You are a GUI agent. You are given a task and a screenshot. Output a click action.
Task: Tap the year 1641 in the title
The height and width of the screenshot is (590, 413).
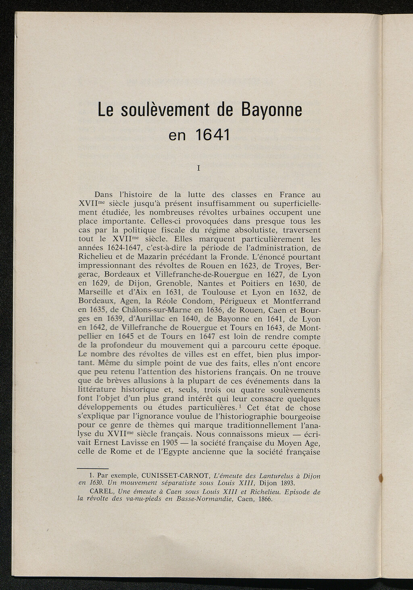[x=211, y=135]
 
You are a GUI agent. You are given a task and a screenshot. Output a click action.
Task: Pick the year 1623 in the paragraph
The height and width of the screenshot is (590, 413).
[x=252, y=266]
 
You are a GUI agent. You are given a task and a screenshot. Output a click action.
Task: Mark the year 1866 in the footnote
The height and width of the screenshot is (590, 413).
[x=264, y=499]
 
